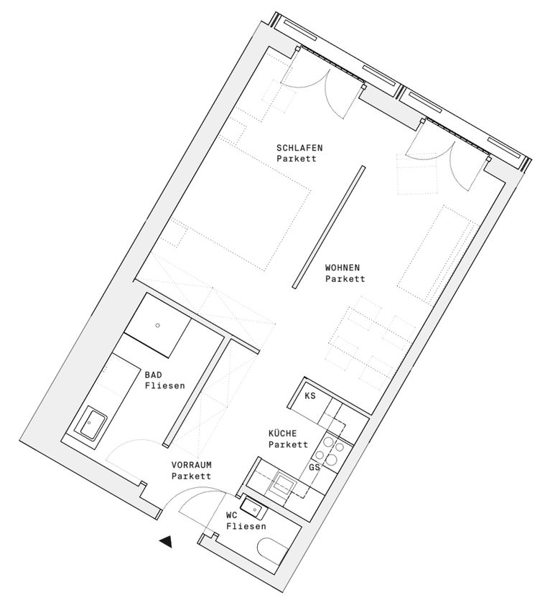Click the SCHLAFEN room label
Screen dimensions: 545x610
299,148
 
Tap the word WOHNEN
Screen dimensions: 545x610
343,268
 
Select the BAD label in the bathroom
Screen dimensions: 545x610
154,375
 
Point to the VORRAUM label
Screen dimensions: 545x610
192,465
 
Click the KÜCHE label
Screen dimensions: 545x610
283,433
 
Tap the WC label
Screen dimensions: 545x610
232,515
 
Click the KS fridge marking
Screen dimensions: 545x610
310,396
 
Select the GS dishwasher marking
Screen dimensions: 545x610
315,467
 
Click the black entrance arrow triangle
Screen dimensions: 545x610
166,541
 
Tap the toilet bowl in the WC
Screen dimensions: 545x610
272,551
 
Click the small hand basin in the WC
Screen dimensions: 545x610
253,508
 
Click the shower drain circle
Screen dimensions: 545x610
158,325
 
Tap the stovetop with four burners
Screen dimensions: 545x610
330,451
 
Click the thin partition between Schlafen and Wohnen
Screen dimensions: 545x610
329,227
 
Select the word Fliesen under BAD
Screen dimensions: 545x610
164,386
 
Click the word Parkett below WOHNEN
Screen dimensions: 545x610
345,279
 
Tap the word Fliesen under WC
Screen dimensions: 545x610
246,526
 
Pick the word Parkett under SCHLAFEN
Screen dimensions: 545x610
297,159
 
